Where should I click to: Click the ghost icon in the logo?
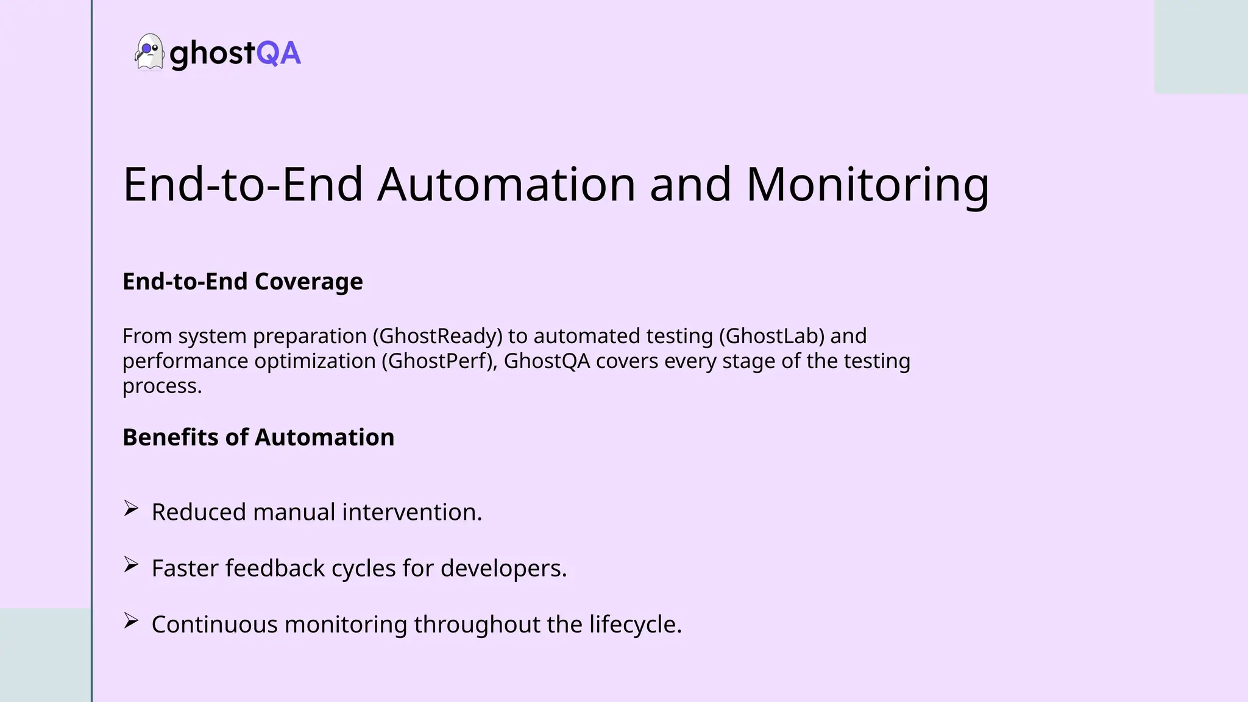coord(149,52)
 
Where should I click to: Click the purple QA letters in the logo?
coord(278,54)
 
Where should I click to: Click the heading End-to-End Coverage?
coord(243,282)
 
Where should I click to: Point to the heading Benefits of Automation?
coord(258,438)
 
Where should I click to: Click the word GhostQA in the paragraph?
coord(547,361)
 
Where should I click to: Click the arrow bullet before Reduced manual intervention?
coord(130,508)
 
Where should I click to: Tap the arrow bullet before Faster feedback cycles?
coord(130,564)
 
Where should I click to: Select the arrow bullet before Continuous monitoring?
coord(130,620)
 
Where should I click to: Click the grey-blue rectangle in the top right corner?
coord(1200,46)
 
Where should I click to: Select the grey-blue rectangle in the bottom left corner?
coord(45,655)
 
